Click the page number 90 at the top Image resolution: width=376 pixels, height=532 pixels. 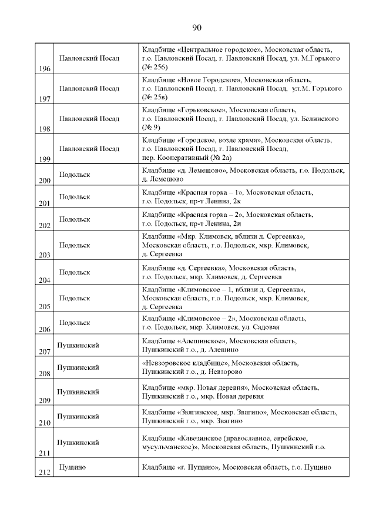197,28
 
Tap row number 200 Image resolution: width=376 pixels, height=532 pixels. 44,181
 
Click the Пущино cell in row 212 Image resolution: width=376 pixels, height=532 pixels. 72,467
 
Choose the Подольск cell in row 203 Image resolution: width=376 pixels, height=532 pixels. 75,246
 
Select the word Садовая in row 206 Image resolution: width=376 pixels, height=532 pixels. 267,327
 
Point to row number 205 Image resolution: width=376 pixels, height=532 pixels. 44,307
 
